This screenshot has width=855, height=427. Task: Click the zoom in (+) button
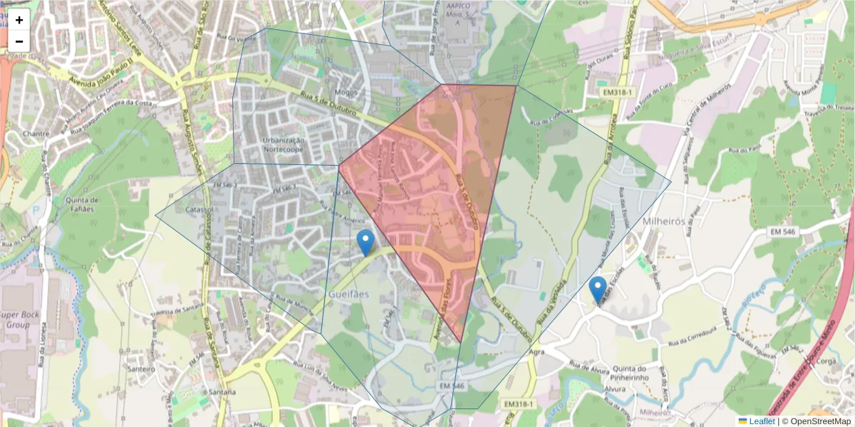[19, 20]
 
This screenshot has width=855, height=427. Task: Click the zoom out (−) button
[19, 41]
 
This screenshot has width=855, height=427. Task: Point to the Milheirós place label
[663, 221]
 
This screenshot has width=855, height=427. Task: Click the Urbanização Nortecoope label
[284, 145]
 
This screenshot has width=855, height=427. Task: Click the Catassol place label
[199, 211]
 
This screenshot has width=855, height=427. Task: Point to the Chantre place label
[36, 133]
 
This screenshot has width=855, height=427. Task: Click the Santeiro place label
[140, 369]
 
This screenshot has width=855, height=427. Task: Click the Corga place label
[827, 361]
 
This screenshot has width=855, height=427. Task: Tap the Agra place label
[537, 352]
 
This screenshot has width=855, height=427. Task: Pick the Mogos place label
[346, 92]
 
